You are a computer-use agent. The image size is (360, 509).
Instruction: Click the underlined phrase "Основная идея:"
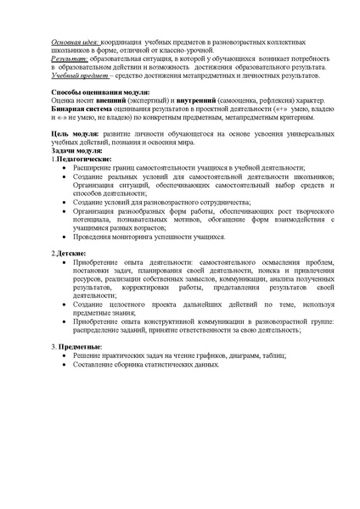pos(76,42)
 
